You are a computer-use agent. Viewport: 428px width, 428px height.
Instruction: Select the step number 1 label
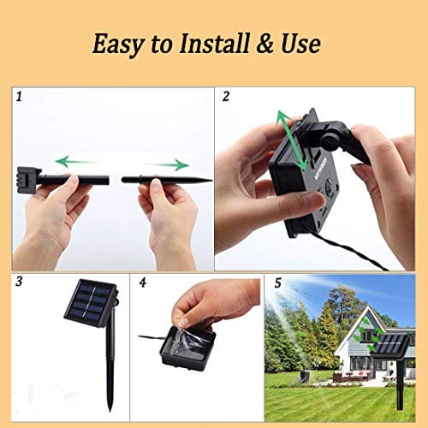(x=18, y=96)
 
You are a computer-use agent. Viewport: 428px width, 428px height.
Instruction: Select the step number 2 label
(x=225, y=96)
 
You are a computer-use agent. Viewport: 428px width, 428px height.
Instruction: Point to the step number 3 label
(x=18, y=280)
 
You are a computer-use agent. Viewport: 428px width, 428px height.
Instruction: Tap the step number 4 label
(x=143, y=280)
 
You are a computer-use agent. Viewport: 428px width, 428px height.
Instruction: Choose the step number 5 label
(x=277, y=280)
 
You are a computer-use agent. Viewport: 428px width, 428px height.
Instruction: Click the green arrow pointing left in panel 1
(x=74, y=160)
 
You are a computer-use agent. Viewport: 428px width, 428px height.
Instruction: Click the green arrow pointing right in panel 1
(x=166, y=164)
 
